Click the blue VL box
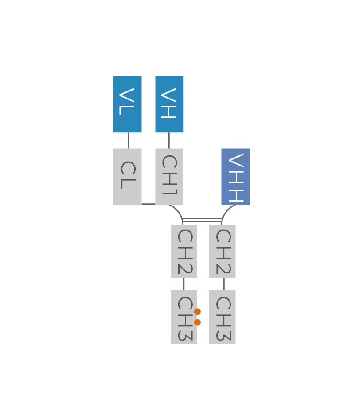coord(128,104)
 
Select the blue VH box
coord(169,104)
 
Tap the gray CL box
coord(128,176)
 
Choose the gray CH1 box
coord(169,176)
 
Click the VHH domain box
coord(235,176)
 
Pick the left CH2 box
coord(184,251)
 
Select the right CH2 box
coord(222,251)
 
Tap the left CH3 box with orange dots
coord(183,317)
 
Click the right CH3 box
coord(222,317)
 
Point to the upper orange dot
coord(198,312)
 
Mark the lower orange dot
coord(198,322)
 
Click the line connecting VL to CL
coord(129,140)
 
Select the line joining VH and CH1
coord(169,140)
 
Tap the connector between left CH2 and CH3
coord(184,284)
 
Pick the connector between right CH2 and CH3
coord(224,284)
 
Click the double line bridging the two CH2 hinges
coord(202,220)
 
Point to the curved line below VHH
coord(226,211)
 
